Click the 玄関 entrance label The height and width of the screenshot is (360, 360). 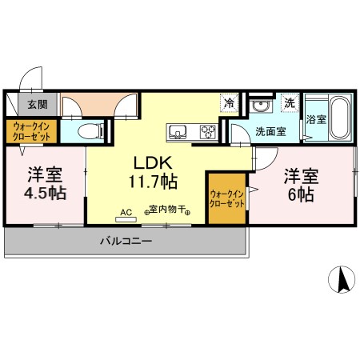(x=37, y=104)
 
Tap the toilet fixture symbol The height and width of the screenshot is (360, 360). (x=94, y=131)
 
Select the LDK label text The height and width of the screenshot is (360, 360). (x=148, y=160)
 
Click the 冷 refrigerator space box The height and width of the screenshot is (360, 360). (x=230, y=102)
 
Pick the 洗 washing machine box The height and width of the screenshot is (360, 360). (x=290, y=103)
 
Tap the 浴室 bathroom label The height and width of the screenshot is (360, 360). (x=315, y=120)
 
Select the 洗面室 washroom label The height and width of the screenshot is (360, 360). (x=271, y=131)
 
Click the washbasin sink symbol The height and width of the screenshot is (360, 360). (x=259, y=106)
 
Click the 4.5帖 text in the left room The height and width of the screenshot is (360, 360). (x=44, y=193)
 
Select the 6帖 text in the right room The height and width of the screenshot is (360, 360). (x=301, y=194)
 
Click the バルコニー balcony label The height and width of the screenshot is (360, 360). (x=126, y=241)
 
